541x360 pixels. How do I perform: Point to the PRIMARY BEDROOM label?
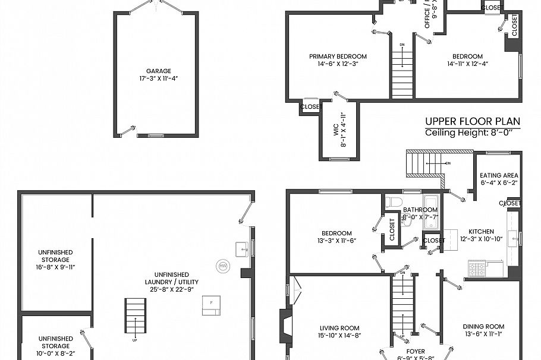click(x=338, y=56)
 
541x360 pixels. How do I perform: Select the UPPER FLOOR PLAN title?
click(x=473, y=121)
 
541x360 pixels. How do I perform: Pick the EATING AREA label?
click(x=499, y=175)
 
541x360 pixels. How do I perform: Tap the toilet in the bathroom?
click(x=390, y=203)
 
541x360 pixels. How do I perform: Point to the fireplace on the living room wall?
click(x=285, y=325)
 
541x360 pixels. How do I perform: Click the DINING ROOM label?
click(x=484, y=326)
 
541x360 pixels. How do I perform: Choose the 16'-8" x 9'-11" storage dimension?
click(x=55, y=267)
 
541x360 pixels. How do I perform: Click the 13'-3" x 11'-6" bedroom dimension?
click(x=336, y=240)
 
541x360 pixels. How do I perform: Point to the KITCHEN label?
click(x=481, y=231)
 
